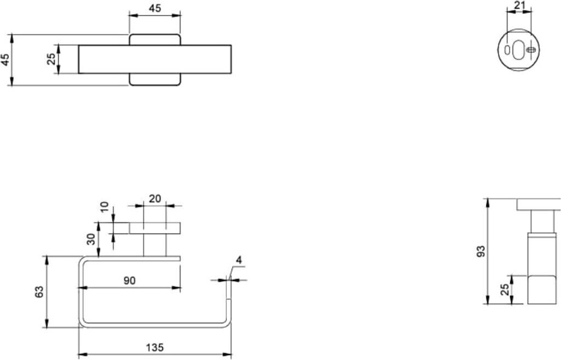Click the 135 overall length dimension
pyautogui.click(x=154, y=347)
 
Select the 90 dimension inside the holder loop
pyautogui.click(x=129, y=281)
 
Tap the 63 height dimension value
pyautogui.click(x=39, y=292)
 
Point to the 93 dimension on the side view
pyautogui.click(x=481, y=251)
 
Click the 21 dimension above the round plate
pyautogui.click(x=519, y=5)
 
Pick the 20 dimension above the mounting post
pyautogui.click(x=155, y=198)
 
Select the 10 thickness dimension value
pyautogui.click(x=104, y=207)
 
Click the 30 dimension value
pyautogui.click(x=91, y=239)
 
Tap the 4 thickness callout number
pyautogui.click(x=239, y=260)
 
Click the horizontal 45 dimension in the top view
pyautogui.click(x=155, y=8)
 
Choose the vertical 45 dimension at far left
pyautogui.click(x=5, y=60)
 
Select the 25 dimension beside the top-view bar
pyautogui.click(x=51, y=59)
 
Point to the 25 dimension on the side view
pyautogui.click(x=505, y=289)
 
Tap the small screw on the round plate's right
pyautogui.click(x=531, y=50)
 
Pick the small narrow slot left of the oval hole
pyautogui.click(x=507, y=50)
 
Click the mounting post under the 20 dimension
pyautogui.click(x=155, y=245)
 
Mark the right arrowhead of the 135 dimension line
pyautogui.click(x=228, y=355)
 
